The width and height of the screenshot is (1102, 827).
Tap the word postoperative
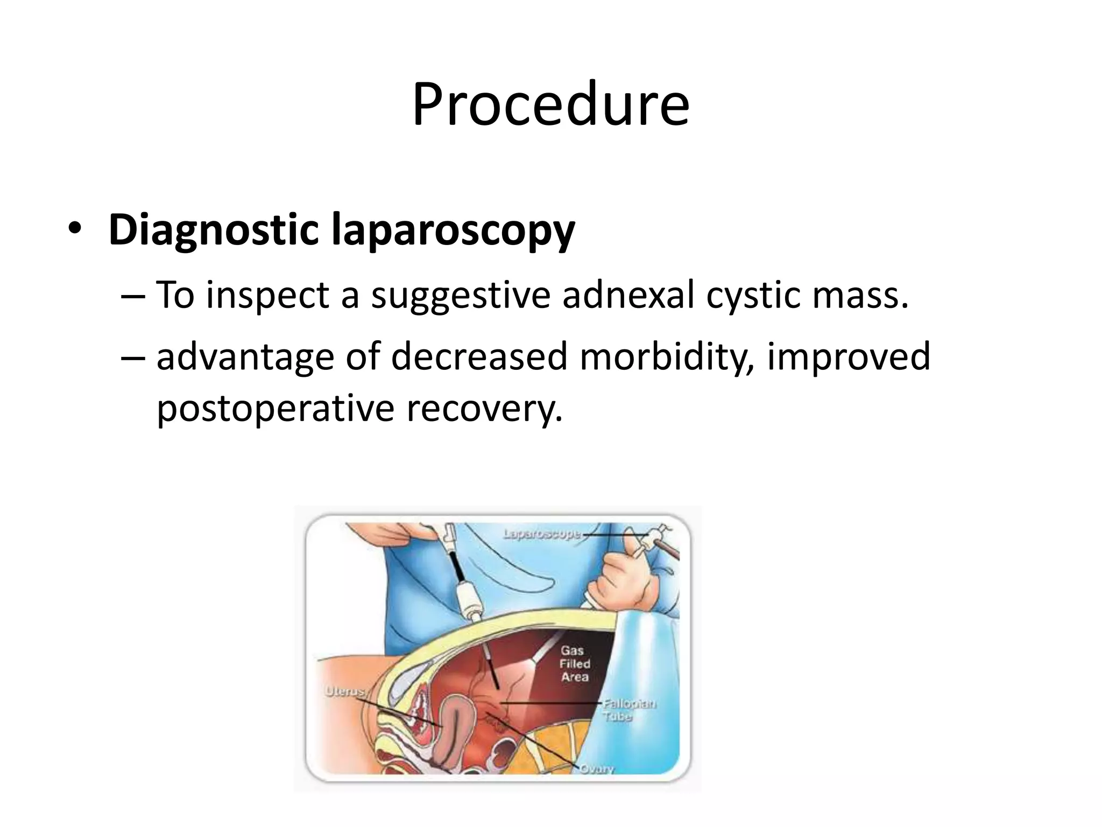click(275, 409)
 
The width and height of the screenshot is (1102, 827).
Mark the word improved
click(849, 358)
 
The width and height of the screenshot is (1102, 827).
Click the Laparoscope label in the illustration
click(542, 534)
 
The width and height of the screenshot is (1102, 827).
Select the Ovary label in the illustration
click(596, 768)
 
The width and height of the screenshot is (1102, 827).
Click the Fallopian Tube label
click(628, 710)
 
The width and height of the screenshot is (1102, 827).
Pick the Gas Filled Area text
click(575, 664)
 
